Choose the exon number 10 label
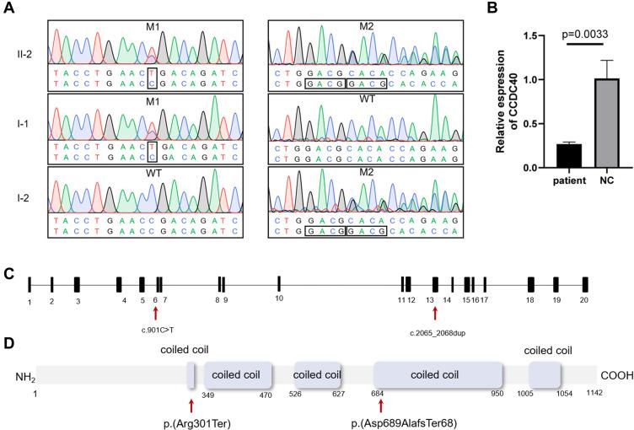279,299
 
